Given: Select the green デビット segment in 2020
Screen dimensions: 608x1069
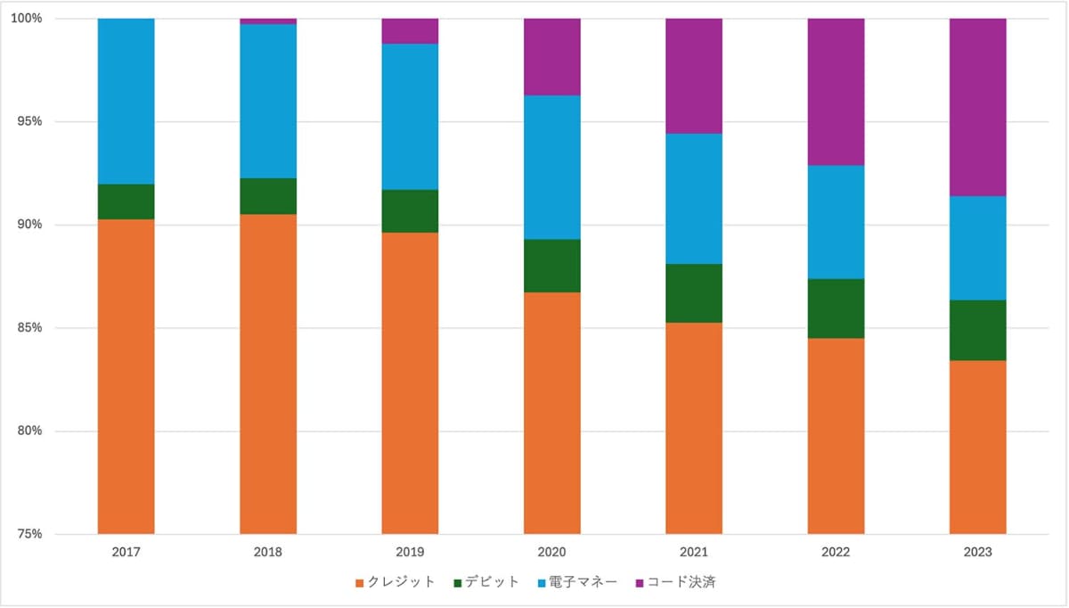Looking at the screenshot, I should [x=551, y=266].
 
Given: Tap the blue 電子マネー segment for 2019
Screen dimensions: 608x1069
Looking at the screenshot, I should [x=410, y=117].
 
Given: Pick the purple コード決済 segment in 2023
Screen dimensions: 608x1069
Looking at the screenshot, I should [x=977, y=107].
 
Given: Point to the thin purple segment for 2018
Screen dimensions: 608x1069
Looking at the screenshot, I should [x=268, y=21].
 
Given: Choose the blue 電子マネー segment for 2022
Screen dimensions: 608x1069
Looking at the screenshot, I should [x=836, y=222].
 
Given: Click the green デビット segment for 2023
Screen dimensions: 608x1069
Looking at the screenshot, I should [x=977, y=330].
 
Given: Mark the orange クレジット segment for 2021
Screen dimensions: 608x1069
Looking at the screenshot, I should [x=694, y=428].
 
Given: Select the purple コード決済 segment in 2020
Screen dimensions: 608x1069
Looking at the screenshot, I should [x=551, y=56].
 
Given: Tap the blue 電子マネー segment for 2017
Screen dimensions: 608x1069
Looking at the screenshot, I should [x=126, y=101].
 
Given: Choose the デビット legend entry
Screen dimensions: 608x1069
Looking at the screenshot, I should [x=486, y=582].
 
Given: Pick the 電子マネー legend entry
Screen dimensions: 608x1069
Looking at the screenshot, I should [x=579, y=582].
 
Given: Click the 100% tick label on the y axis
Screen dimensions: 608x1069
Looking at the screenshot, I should [x=31, y=19].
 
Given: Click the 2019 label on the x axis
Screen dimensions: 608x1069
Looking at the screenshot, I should [x=410, y=553].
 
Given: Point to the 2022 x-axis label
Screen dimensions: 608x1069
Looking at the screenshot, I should [x=836, y=553].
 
